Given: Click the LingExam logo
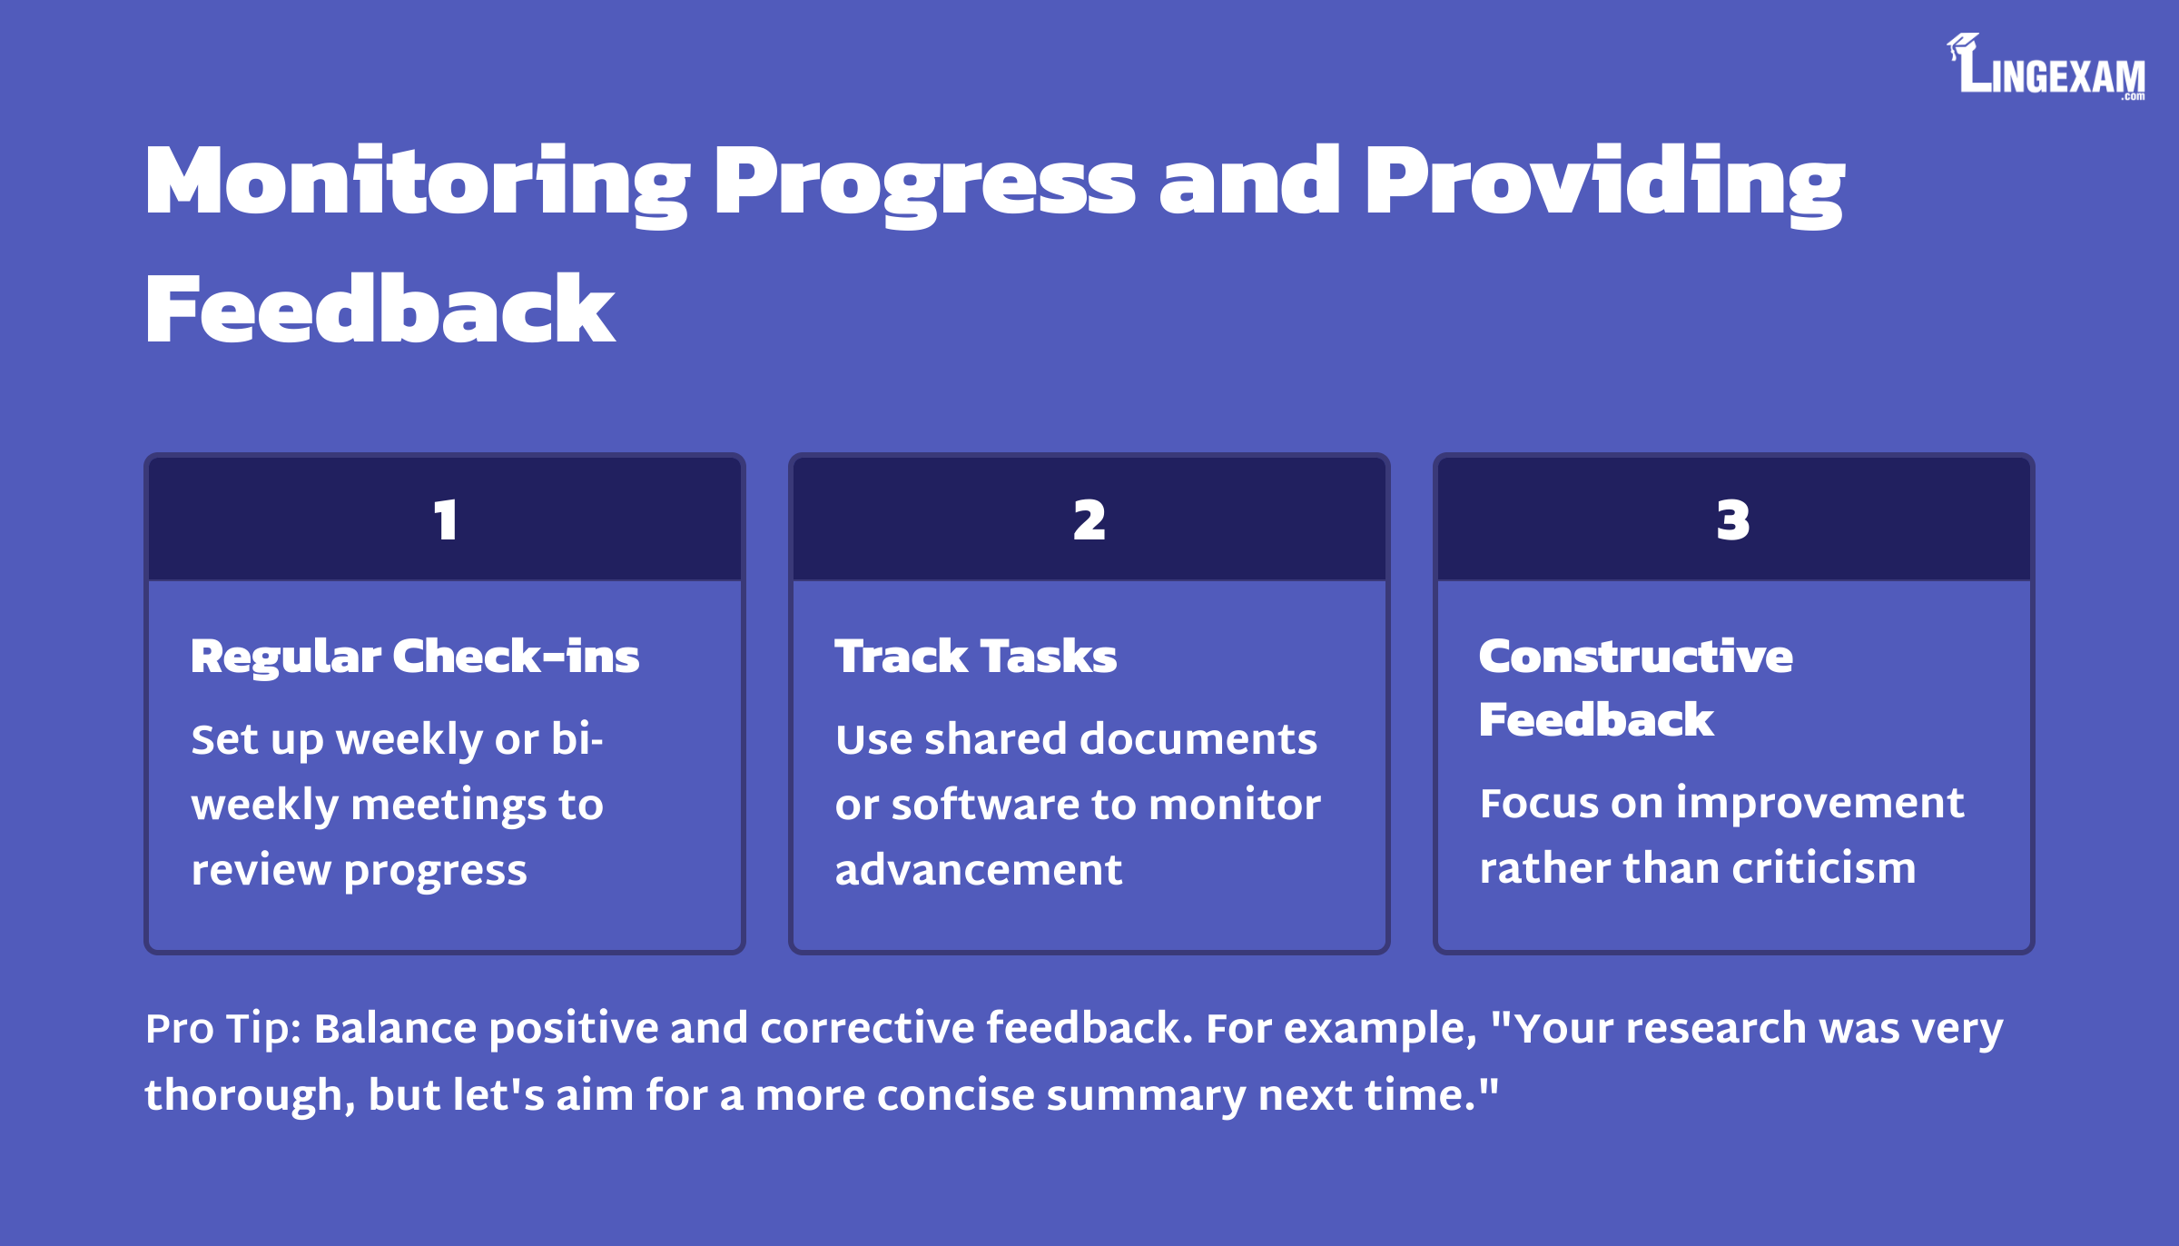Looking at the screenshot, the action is (x=2046, y=66).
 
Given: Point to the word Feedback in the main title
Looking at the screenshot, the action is (x=380, y=309).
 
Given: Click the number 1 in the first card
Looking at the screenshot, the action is (x=445, y=520).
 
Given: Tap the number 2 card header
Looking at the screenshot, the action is (x=1089, y=519).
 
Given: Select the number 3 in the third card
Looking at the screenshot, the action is (x=1733, y=520).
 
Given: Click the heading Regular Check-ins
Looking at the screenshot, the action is (x=415, y=657).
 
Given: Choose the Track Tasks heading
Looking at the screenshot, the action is (x=976, y=656).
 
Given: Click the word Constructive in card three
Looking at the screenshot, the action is (x=1636, y=656).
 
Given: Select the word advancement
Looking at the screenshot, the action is (x=979, y=870).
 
